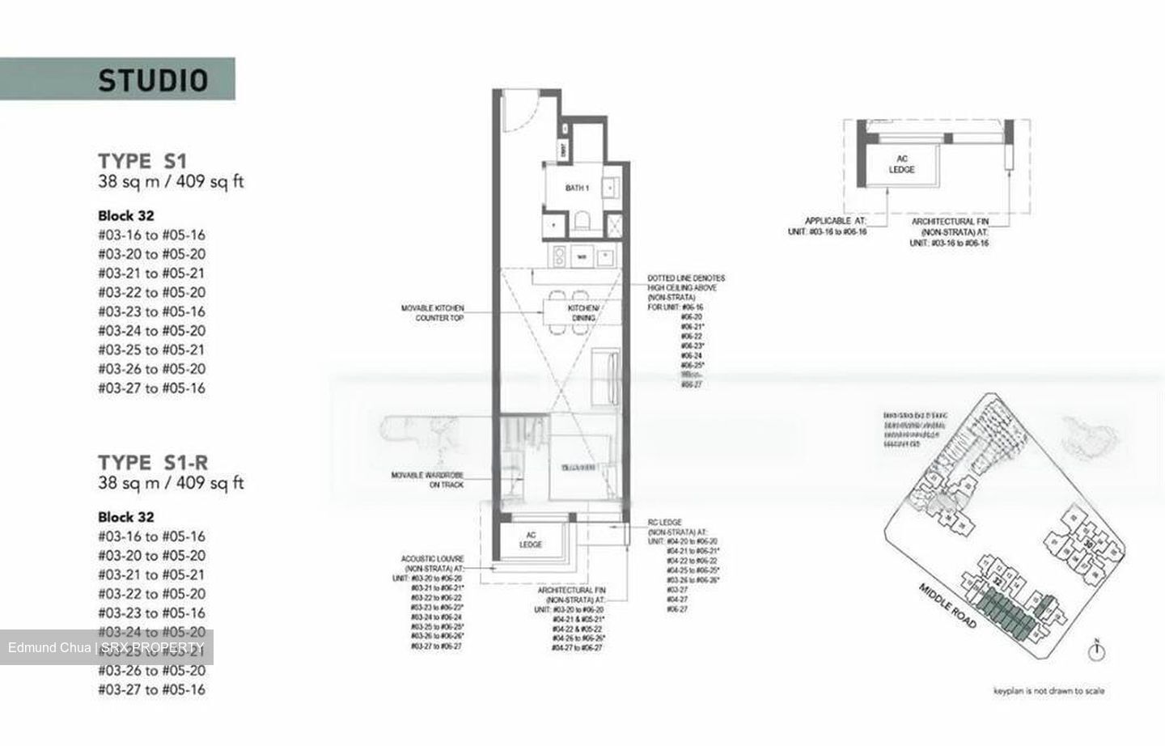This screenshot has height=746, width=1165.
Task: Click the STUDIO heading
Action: tap(153, 79)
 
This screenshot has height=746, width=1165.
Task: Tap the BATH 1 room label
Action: tap(577, 188)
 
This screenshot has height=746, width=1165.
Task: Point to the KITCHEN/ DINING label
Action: tap(583, 313)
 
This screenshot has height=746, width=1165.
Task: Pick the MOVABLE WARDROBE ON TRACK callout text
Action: tap(427, 480)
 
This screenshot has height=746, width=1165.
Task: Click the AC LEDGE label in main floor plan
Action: tap(531, 540)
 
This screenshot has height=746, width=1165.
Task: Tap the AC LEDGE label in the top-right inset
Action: tap(901, 164)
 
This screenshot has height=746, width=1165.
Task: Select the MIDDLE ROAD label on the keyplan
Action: tap(947, 605)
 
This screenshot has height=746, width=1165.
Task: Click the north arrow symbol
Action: tap(1098, 651)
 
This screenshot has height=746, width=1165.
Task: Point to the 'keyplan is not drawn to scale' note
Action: tap(1048, 691)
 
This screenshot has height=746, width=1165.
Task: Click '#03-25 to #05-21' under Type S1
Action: tap(151, 350)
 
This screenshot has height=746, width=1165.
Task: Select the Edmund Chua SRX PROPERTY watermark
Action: tap(106, 647)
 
